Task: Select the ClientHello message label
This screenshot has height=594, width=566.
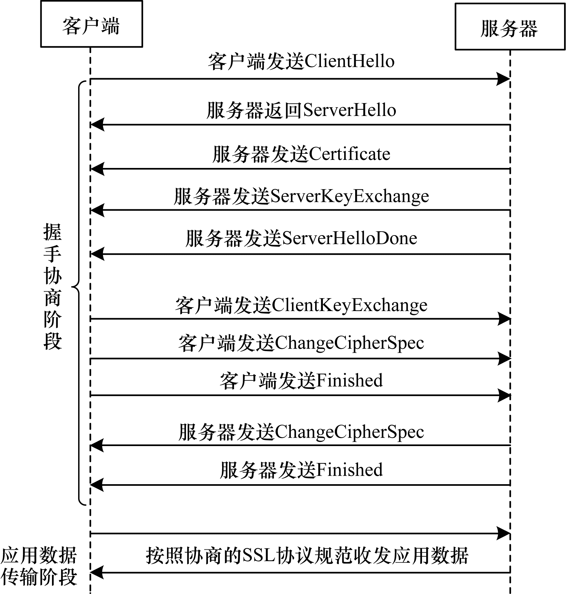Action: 301,61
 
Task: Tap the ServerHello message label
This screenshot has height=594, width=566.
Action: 301,110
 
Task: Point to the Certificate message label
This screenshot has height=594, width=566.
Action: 301,154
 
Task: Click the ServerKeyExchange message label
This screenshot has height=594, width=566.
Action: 301,196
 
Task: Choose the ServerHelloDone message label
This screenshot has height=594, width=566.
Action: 301,238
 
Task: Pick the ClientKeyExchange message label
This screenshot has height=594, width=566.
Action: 301,305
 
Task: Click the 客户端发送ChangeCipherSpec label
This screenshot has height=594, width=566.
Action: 301,343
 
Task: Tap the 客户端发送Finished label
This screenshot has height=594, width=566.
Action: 301,380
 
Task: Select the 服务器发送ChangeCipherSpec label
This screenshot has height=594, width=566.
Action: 301,432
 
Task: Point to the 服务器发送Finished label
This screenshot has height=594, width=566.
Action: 301,470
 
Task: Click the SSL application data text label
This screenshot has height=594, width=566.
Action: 307,556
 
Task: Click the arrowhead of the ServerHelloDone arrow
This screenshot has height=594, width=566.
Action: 98,254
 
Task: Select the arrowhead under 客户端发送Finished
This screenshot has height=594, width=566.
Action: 504,395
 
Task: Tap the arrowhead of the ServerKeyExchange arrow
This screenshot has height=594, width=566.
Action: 98,210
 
